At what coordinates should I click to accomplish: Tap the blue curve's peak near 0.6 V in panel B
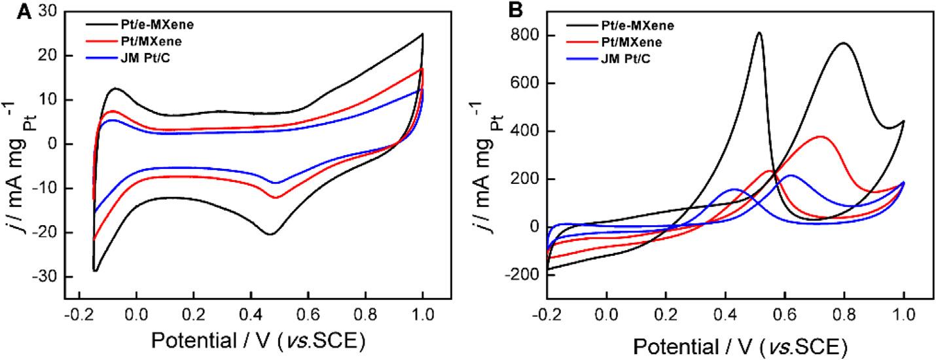(x=791, y=175)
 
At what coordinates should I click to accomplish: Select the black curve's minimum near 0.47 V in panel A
(x=270, y=234)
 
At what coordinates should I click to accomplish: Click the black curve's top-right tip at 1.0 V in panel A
(x=422, y=34)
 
